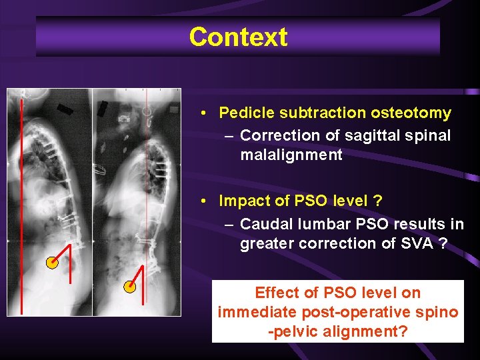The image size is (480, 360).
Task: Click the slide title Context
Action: (x=238, y=37)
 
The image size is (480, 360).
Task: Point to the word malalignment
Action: (x=291, y=156)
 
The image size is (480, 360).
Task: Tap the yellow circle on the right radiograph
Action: (x=131, y=287)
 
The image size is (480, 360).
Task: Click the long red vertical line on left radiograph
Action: (x=21, y=200)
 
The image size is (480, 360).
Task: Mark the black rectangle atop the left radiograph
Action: (x=65, y=109)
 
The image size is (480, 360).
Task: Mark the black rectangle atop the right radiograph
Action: (x=103, y=109)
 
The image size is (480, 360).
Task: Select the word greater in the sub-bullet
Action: (x=267, y=243)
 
